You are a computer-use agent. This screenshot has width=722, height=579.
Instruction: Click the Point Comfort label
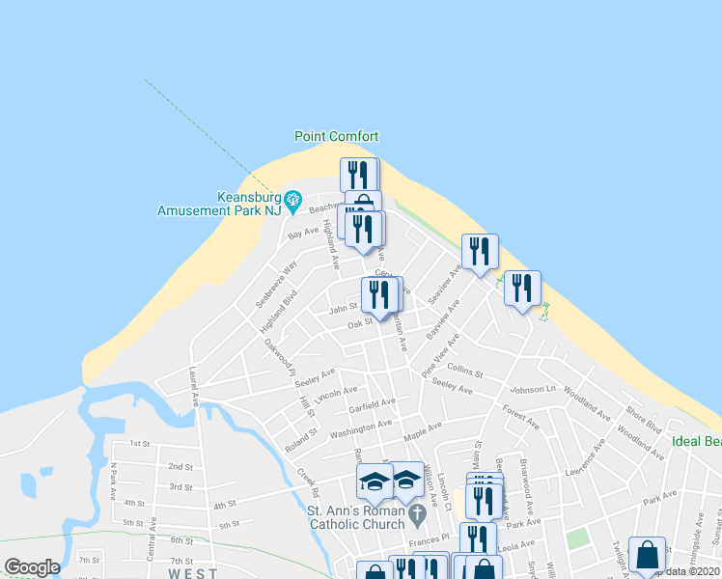[x=336, y=137]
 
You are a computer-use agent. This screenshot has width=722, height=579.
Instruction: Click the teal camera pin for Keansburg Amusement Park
[x=299, y=198]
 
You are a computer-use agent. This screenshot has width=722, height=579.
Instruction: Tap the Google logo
[x=31, y=567]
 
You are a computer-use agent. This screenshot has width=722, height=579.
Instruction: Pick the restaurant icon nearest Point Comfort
[x=357, y=175]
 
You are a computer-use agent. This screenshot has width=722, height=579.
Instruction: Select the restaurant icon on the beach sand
[x=521, y=288]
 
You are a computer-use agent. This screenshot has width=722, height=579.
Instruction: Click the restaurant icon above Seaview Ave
[x=479, y=252]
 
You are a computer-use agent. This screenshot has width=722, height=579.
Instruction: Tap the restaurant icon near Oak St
[x=380, y=294]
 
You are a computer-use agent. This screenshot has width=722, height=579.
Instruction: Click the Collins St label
[x=464, y=372]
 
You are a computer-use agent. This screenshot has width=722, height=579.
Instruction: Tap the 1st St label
[x=141, y=444]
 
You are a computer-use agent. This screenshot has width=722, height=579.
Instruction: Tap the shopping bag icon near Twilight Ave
[x=647, y=556]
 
